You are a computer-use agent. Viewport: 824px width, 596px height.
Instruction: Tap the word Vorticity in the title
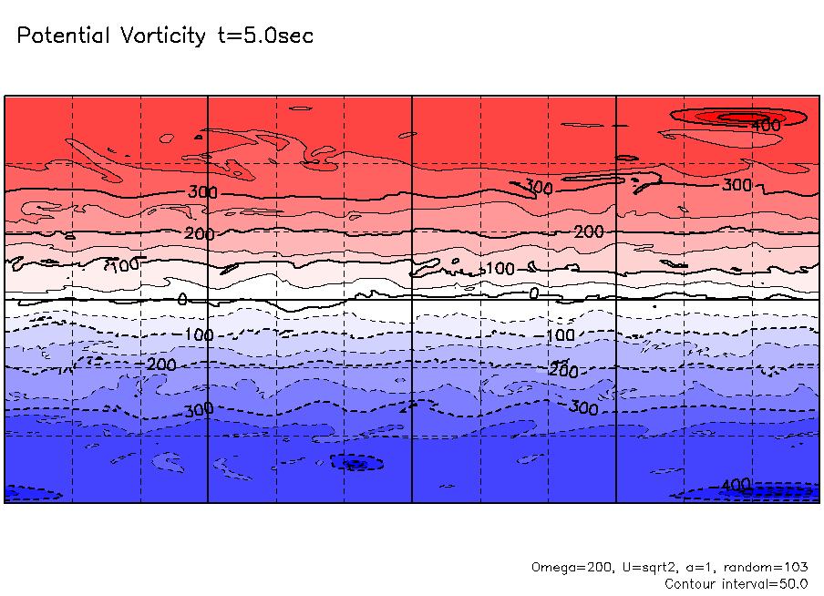coord(160,36)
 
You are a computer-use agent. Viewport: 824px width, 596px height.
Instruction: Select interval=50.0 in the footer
coord(767,583)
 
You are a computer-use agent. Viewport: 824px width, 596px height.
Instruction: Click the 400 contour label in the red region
coord(766,126)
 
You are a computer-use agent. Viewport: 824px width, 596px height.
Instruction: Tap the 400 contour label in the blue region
coord(736,484)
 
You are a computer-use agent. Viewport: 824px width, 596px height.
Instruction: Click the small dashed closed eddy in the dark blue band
coord(355,463)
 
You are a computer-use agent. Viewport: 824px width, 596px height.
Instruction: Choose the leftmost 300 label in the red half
coord(202,191)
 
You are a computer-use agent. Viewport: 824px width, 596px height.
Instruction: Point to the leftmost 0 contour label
coord(182,299)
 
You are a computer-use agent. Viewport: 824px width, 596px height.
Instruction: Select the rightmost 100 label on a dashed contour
coord(560,335)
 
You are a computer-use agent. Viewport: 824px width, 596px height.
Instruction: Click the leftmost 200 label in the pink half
coord(199,234)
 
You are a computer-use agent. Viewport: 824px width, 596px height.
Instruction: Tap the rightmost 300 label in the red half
coord(736,185)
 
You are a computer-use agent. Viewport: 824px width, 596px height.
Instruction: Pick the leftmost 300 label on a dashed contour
coord(199,410)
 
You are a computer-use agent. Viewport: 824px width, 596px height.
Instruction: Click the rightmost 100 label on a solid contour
coord(500,269)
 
